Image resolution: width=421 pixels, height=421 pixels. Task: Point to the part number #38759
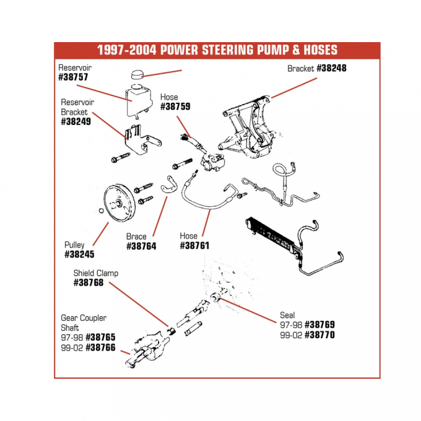point(175,106)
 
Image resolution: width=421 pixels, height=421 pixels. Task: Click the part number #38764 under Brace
point(141,246)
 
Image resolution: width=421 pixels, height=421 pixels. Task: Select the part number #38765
point(100,337)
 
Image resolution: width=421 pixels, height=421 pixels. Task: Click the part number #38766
point(100,347)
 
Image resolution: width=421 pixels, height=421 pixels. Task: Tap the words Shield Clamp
point(95,273)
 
